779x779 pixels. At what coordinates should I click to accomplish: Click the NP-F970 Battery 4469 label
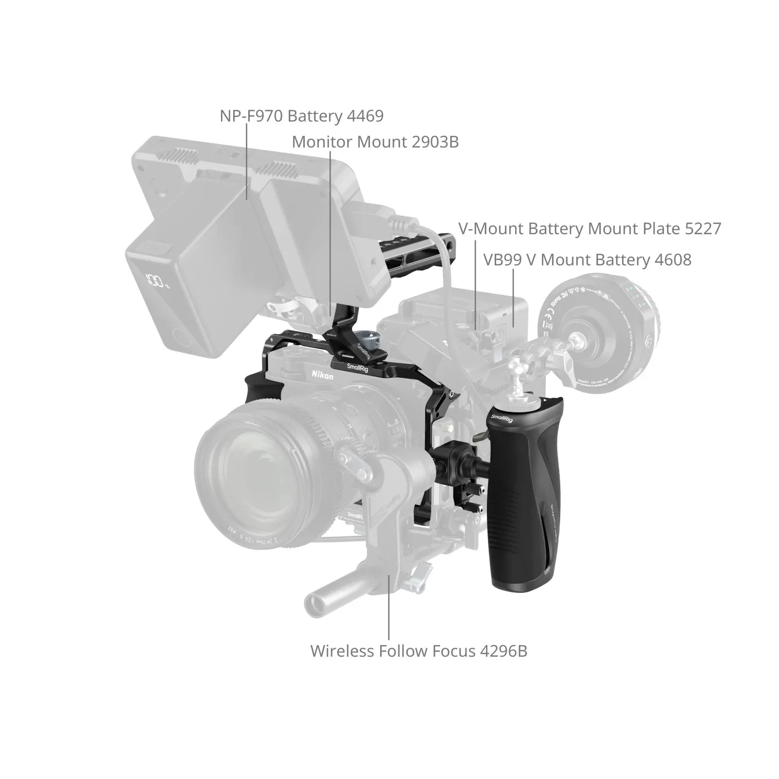coord(301,116)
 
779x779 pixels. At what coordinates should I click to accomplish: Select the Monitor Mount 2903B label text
coord(375,142)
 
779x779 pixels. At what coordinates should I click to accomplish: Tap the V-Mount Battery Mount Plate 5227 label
coord(589,229)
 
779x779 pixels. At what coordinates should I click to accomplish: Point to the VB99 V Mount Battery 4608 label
coord(587,260)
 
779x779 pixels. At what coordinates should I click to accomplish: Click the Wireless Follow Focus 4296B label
coord(419,651)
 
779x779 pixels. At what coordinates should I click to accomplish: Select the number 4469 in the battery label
coord(365,116)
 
